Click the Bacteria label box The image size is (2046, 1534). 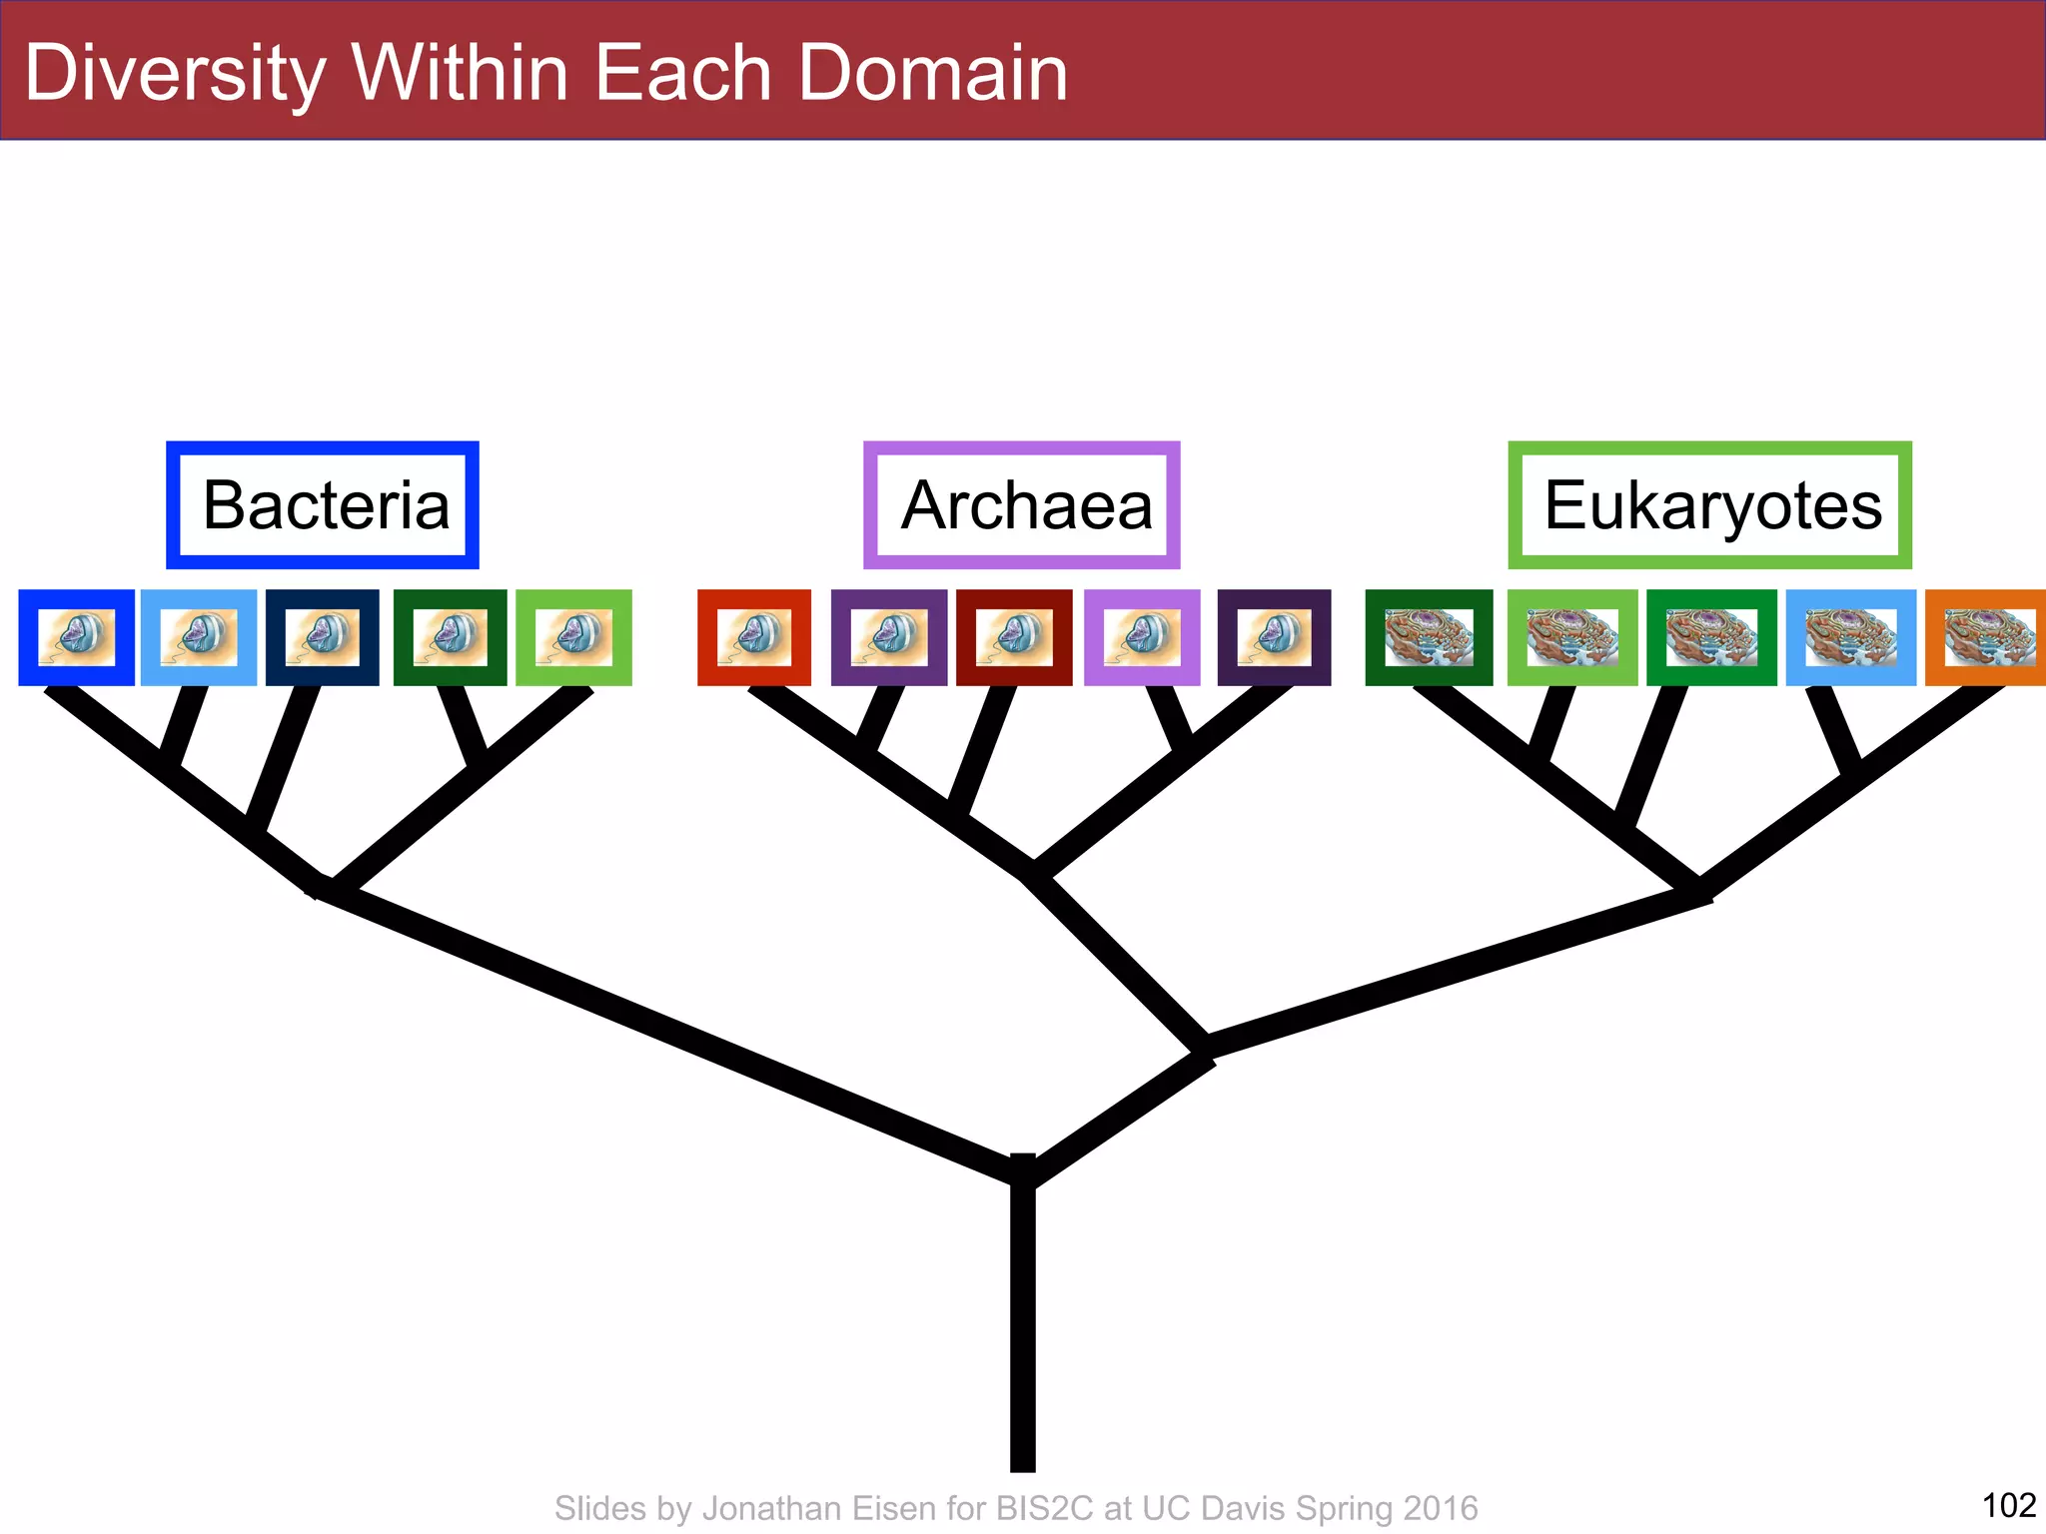(x=323, y=505)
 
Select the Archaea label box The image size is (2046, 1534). (x=1021, y=505)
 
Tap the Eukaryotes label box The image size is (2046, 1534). (x=1709, y=505)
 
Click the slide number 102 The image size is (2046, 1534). (x=2008, y=1504)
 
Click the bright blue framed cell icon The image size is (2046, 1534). (x=76, y=637)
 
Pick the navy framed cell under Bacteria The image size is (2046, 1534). (x=323, y=637)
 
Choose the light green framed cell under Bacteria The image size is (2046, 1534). (x=573, y=637)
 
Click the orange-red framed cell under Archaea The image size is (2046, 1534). (x=754, y=637)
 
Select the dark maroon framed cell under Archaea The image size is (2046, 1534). (x=1014, y=637)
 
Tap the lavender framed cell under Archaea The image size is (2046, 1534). (x=1142, y=637)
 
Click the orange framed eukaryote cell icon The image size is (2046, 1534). (x=1986, y=637)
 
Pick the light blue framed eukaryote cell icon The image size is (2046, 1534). (x=1850, y=637)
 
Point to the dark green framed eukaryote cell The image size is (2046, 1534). (x=1429, y=637)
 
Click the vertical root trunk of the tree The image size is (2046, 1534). (x=1022, y=1328)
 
